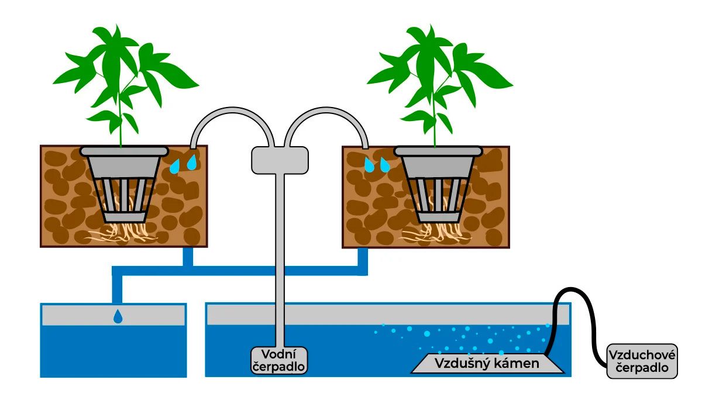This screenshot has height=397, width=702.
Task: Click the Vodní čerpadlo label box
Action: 280,360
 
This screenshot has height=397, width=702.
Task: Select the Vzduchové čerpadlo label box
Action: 642,361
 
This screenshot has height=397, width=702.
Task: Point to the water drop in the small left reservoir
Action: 118,317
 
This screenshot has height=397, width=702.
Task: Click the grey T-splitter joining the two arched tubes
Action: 280,160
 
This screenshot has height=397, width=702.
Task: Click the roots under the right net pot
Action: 438,233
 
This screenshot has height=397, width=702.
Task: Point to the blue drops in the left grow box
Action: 183,163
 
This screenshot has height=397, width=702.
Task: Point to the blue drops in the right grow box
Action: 376,164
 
